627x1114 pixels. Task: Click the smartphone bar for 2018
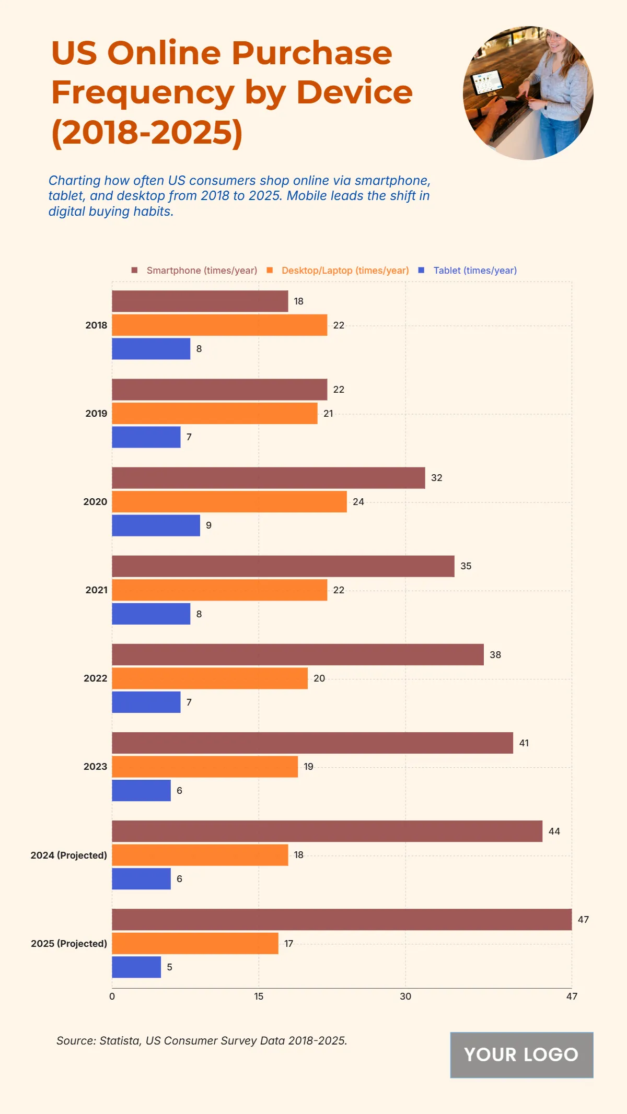200,301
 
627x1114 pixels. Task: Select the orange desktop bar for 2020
229,501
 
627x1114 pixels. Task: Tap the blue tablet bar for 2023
141,790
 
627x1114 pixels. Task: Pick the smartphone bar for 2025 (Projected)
342,919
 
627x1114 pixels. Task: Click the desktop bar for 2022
210,678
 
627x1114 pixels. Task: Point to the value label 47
583,919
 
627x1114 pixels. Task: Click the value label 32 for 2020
437,478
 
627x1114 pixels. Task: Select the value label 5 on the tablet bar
169,967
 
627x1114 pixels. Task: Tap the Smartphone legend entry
201,271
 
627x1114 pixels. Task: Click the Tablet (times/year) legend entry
474,271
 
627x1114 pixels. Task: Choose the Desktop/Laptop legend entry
345,271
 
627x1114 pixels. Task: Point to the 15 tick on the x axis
259,996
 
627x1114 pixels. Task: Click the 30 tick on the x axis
405,996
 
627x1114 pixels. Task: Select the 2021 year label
96,590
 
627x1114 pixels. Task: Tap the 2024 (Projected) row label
68,855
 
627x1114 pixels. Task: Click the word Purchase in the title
311,53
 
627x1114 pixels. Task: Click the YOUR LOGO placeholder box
521,1054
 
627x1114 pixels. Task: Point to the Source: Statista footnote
202,1040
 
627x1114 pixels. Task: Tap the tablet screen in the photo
487,83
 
